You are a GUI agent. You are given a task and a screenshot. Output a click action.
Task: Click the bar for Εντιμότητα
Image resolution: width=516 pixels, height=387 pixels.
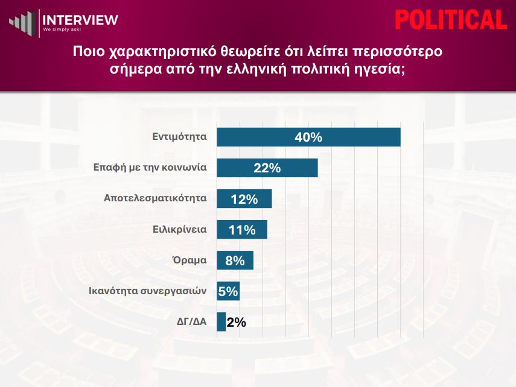(308, 137)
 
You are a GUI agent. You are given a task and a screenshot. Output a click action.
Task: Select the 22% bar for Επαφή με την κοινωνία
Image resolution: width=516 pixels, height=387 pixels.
(267, 168)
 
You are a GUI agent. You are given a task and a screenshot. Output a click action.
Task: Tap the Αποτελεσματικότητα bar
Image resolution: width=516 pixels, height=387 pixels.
(244, 198)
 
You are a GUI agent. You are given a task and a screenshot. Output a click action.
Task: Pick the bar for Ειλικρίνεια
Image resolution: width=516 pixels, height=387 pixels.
(242, 230)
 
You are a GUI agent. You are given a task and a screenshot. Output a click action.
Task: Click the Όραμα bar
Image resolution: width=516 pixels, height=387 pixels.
(235, 260)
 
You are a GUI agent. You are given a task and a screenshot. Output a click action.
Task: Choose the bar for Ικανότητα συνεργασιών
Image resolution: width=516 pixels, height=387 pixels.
(228, 291)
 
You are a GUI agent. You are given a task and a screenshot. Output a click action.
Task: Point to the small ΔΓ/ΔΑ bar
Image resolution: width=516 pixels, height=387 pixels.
(221, 322)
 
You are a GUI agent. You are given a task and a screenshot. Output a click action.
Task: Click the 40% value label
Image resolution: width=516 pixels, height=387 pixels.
(308, 137)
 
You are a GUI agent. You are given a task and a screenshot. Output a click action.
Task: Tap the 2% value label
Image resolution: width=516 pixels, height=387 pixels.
(237, 322)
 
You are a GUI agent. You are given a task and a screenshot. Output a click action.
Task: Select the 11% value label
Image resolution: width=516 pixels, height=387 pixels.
(242, 230)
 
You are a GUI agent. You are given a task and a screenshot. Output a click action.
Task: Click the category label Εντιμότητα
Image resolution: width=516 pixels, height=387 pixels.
(179, 136)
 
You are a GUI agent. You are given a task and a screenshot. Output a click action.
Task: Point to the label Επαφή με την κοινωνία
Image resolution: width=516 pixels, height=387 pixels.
(150, 168)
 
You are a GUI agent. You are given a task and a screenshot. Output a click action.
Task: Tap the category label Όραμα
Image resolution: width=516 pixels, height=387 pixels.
(190, 260)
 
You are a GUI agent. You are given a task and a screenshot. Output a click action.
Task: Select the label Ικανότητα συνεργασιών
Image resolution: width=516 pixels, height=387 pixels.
(148, 291)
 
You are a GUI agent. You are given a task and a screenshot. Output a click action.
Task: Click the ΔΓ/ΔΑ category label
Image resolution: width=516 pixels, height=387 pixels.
(192, 321)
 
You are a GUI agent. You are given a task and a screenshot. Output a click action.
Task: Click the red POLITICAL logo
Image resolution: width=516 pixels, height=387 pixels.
(451, 20)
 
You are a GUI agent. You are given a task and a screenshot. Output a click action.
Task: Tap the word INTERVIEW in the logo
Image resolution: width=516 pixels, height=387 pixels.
(80, 20)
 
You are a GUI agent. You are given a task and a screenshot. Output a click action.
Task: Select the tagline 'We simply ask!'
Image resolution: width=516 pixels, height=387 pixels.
(62, 30)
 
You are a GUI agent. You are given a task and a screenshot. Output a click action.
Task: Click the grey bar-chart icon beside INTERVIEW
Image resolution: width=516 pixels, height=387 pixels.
(22, 22)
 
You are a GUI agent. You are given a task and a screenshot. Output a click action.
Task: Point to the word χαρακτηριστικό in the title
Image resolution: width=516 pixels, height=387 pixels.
(162, 52)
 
